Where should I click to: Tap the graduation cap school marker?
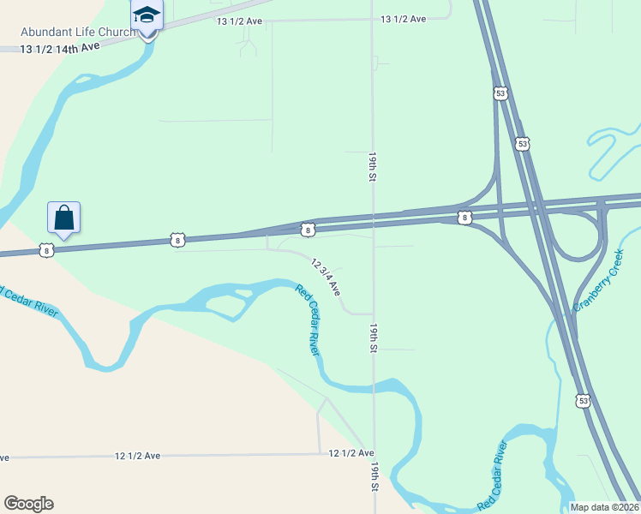147,15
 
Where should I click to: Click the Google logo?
28,504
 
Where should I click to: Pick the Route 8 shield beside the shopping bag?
46,250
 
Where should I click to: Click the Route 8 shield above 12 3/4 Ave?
307,230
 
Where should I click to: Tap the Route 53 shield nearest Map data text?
583,400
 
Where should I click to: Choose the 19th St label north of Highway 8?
373,167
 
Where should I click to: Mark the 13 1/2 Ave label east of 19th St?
403,19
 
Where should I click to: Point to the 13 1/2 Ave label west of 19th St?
239,21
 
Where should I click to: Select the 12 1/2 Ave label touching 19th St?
351,452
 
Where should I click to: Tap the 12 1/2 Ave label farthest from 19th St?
137,456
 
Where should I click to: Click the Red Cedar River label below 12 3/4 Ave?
308,319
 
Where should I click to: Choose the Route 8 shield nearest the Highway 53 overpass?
464,218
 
